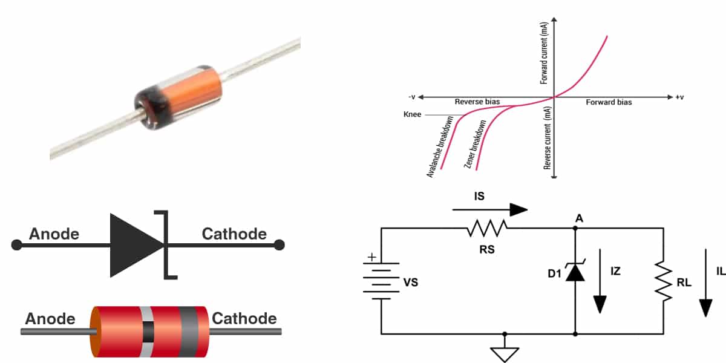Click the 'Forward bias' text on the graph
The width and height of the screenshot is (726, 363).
coord(609,102)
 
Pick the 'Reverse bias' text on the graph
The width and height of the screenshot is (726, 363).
coord(477,102)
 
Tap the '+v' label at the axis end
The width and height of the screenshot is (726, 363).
coord(680,97)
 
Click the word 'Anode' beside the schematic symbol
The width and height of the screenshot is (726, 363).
coord(54,234)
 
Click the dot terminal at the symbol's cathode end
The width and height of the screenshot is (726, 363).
coord(278,244)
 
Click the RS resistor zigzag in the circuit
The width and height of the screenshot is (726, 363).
coord(488,229)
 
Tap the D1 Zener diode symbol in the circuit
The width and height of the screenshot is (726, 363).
coord(575,272)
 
